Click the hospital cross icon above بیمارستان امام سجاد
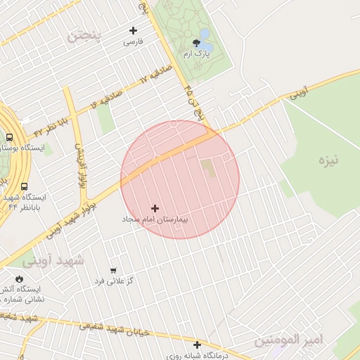[x=155, y=208]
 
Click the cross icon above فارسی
[x=133, y=30]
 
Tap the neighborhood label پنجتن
[x=84, y=34]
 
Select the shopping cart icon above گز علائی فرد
[x=112, y=270]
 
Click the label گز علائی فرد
[x=113, y=281]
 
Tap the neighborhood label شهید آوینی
[x=53, y=260]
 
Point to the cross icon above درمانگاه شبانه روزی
[x=198, y=345]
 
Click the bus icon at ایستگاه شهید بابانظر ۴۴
[x=25, y=187]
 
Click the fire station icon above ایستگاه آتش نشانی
[x=18, y=278]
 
